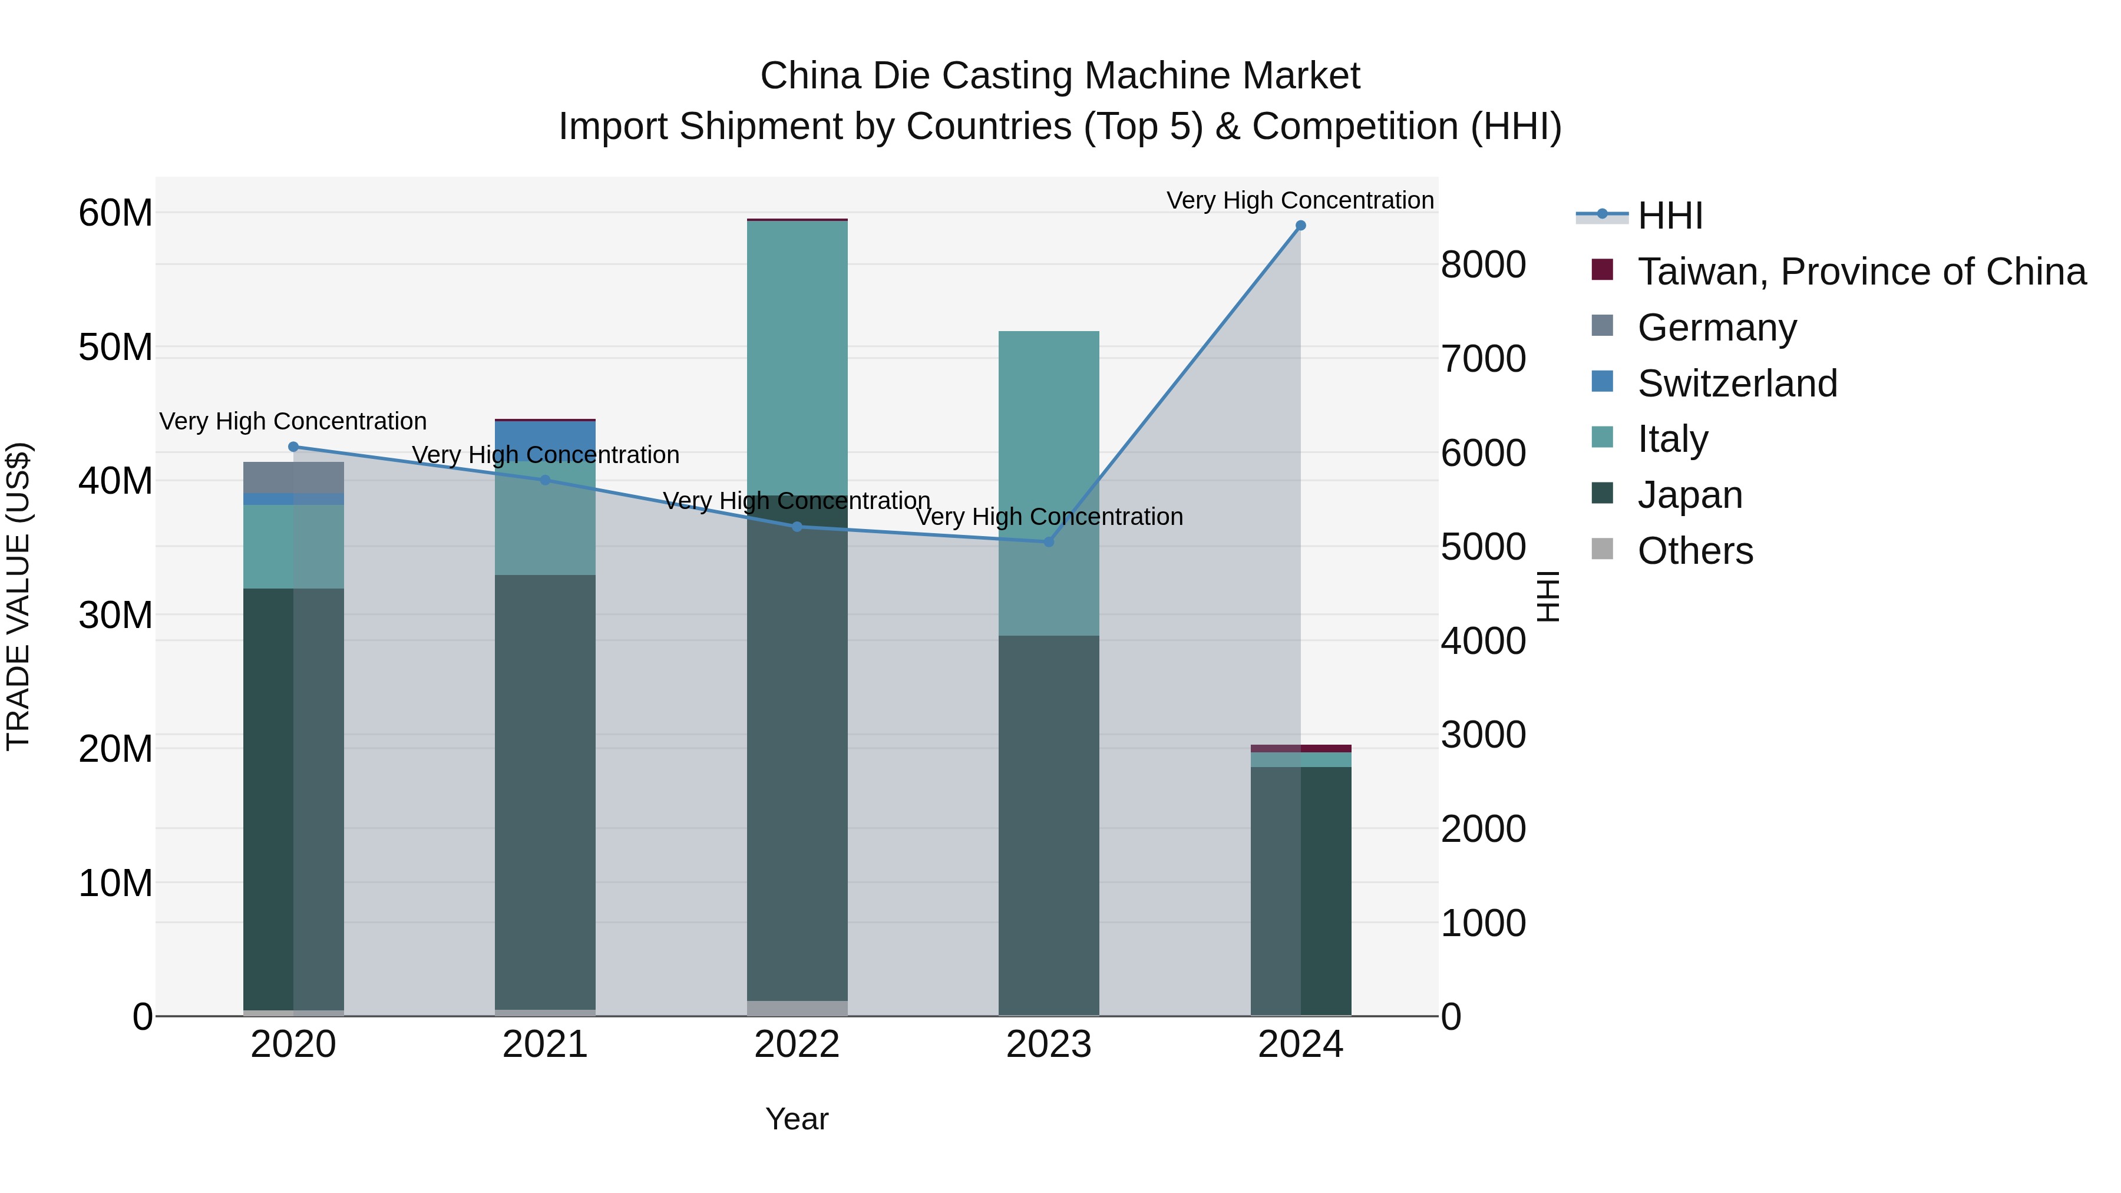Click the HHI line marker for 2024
(x=1300, y=226)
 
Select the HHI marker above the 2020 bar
(x=293, y=447)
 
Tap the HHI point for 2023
(x=1048, y=542)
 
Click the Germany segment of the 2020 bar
(x=293, y=478)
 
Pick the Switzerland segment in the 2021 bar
(x=545, y=437)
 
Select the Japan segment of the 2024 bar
(x=1300, y=889)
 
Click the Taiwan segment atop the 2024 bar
(x=1300, y=748)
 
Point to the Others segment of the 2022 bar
(x=796, y=1008)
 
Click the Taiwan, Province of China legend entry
(x=1861, y=272)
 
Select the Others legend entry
(x=1694, y=551)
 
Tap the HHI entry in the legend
(x=1669, y=216)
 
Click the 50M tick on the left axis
(x=115, y=348)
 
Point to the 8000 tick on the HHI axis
(x=1483, y=265)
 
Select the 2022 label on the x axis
(x=796, y=1045)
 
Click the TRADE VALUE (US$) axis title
(x=19, y=596)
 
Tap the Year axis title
(x=796, y=1119)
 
